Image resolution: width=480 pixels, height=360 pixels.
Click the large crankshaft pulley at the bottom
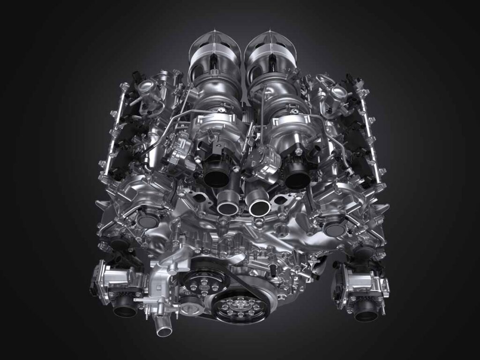(x=240, y=307)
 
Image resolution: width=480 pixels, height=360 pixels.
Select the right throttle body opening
(x=366, y=313)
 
